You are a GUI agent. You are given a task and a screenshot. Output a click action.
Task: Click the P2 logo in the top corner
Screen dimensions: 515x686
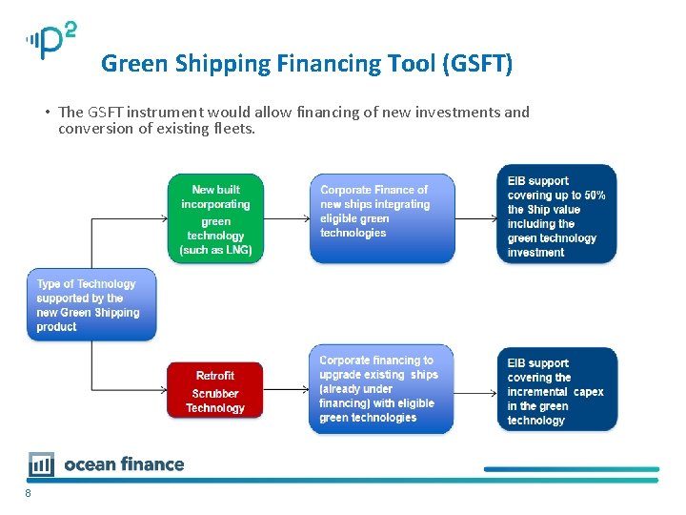pos(50,40)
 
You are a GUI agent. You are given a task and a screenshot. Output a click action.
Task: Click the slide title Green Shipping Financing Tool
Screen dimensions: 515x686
pos(306,64)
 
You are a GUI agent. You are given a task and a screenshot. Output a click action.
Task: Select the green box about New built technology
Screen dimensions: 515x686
pos(216,218)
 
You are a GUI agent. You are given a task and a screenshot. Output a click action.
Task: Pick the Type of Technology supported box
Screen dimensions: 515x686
pos(91,304)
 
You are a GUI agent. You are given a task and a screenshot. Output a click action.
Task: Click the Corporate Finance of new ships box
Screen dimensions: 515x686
pos(381,218)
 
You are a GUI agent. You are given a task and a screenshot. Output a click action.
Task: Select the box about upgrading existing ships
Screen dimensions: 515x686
pos(381,389)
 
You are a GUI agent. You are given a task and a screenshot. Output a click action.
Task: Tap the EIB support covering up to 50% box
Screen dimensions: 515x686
pos(556,214)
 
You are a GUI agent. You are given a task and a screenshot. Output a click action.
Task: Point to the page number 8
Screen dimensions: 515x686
pos(29,493)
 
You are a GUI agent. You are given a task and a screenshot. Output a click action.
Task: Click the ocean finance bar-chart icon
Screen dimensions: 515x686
pos(41,464)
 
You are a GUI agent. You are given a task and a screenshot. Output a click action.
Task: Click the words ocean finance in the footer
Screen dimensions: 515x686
pos(124,464)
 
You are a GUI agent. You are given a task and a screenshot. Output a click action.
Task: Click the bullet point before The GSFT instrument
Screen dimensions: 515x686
pos(47,113)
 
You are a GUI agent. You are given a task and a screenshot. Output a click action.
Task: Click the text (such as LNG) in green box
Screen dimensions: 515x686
pos(215,250)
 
